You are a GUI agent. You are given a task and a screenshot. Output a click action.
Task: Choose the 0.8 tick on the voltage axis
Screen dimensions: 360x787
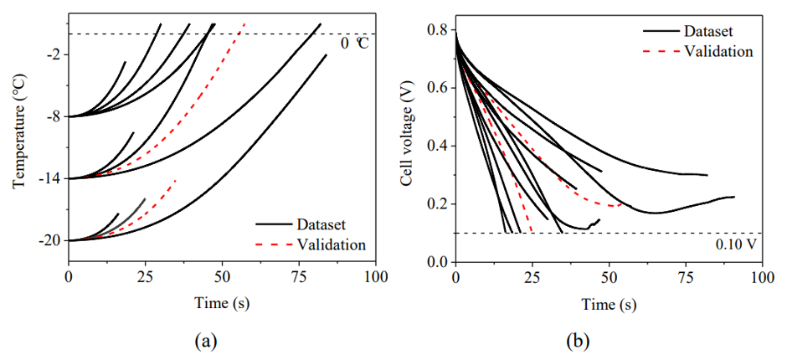(437, 30)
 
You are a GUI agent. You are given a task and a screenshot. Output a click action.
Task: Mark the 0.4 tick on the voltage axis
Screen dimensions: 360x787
(437, 147)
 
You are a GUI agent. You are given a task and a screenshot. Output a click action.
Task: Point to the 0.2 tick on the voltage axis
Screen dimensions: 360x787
(437, 204)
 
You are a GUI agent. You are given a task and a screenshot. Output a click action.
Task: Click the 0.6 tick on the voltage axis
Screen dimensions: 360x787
(437, 88)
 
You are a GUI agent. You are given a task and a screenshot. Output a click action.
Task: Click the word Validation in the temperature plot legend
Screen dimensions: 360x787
(332, 245)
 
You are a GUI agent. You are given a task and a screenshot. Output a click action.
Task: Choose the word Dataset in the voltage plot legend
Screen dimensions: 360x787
(708, 32)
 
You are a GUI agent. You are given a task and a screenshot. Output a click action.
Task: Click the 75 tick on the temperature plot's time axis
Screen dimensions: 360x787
(299, 276)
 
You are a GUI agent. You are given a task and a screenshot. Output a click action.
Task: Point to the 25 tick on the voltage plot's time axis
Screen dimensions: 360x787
(532, 276)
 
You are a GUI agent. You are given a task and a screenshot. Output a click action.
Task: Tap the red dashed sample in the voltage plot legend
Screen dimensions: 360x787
(660, 51)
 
